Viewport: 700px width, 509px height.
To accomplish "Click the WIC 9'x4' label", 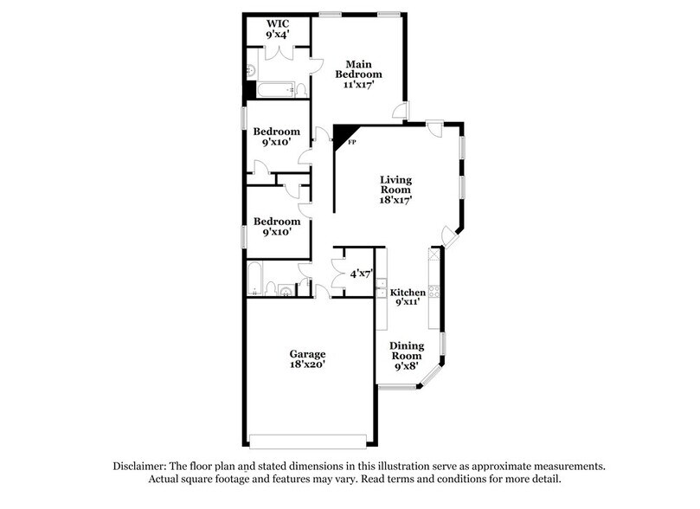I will [x=277, y=28].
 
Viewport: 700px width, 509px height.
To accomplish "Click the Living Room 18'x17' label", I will [x=395, y=190].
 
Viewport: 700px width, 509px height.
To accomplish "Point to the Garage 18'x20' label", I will [x=307, y=359].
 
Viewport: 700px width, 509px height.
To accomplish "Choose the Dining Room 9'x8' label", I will [x=406, y=356].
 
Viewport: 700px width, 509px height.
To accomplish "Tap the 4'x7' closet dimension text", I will [x=360, y=274].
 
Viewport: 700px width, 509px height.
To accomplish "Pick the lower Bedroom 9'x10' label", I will [x=277, y=226].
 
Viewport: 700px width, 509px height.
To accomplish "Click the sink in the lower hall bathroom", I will [x=286, y=290].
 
